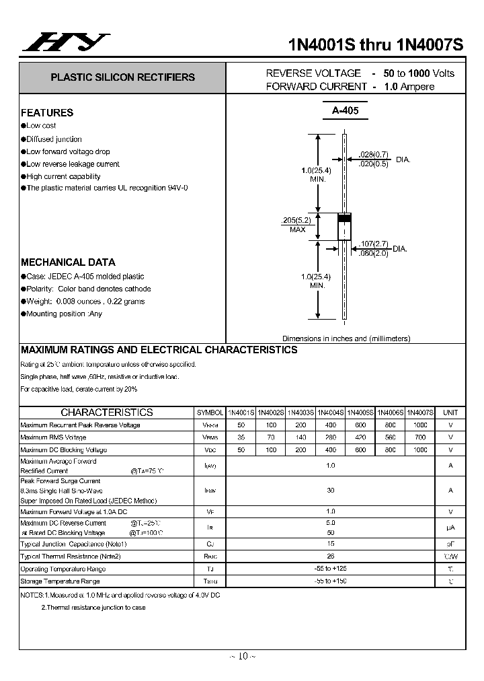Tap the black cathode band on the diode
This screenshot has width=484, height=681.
(x=344, y=218)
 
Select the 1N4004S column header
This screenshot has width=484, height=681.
(x=330, y=413)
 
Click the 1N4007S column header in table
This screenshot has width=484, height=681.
(x=420, y=413)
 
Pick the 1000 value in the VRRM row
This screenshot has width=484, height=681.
(x=420, y=425)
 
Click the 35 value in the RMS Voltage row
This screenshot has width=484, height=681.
(x=241, y=437)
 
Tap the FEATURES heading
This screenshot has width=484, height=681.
(x=47, y=112)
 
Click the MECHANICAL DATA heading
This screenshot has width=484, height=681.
(x=68, y=262)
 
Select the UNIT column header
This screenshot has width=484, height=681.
(x=450, y=413)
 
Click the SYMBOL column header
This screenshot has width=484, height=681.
(x=210, y=413)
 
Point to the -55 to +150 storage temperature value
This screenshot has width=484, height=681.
(x=330, y=581)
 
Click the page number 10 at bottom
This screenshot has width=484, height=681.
(x=242, y=656)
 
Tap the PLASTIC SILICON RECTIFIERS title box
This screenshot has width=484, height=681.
(x=122, y=77)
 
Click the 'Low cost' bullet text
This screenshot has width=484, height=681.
(x=41, y=126)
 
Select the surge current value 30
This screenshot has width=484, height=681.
(x=330, y=491)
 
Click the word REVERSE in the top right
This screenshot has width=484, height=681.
(x=289, y=73)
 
